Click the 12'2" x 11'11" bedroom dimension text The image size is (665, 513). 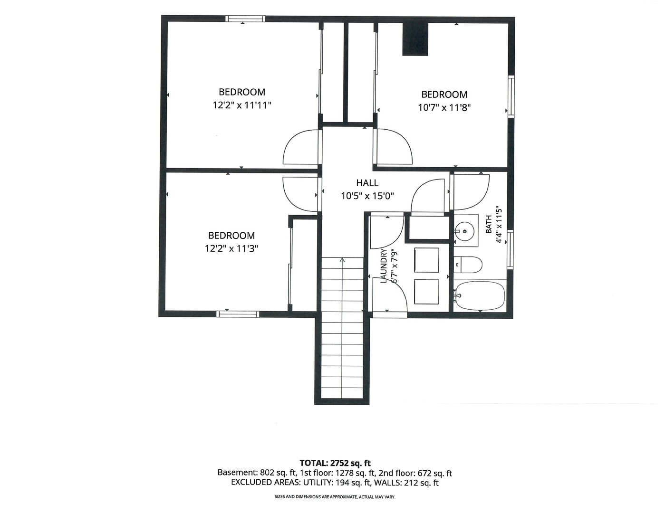242,105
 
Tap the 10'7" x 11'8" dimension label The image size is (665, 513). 444,108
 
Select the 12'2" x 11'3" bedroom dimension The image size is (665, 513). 231,248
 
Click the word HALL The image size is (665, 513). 367,183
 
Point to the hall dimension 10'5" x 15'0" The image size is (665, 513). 367,196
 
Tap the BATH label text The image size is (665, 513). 489,224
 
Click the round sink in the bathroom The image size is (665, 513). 465,232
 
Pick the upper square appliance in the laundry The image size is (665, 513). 426,260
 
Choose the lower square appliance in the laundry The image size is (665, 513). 426,292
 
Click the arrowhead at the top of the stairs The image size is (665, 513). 342,260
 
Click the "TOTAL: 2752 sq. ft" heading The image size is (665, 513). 335,463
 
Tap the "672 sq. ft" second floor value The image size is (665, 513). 434,473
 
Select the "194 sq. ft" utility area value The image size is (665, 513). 351,483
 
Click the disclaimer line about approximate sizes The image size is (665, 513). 335,497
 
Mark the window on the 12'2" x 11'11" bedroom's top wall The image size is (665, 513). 245,19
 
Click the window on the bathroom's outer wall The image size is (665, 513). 510,250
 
